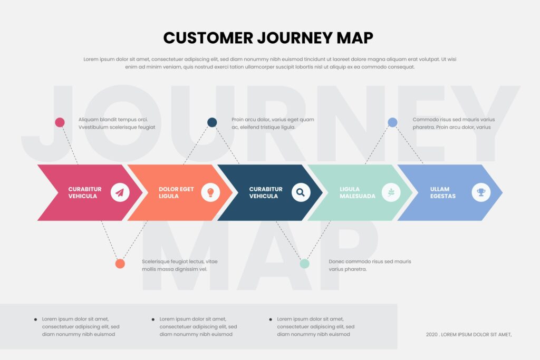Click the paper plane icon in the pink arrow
click(x=120, y=192)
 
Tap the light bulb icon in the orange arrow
click(x=210, y=192)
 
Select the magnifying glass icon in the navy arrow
click(x=301, y=192)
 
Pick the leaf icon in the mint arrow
click(x=391, y=192)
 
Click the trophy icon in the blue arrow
click(x=481, y=192)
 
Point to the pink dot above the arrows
click(x=60, y=122)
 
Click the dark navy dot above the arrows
click(x=212, y=122)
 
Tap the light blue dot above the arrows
click(x=392, y=122)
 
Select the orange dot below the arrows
click(x=120, y=264)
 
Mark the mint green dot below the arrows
click(x=304, y=264)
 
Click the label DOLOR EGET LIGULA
click(x=176, y=192)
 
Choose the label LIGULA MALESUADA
click(x=357, y=192)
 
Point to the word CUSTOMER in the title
click(x=208, y=38)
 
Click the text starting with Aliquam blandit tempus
click(x=117, y=123)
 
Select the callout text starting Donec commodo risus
click(x=369, y=265)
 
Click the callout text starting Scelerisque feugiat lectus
click(x=179, y=265)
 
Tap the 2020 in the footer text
click(x=431, y=334)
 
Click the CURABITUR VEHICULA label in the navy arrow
click(x=266, y=192)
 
